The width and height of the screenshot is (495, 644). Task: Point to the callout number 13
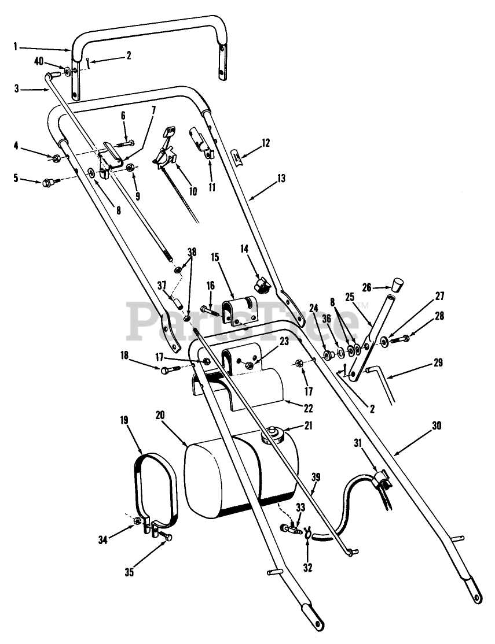(281, 179)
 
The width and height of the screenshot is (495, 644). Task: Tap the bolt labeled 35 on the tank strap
(167, 538)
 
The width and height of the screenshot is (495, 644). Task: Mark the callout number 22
(308, 408)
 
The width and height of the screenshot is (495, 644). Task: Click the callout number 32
(307, 568)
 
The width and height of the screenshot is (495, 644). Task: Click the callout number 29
(438, 363)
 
